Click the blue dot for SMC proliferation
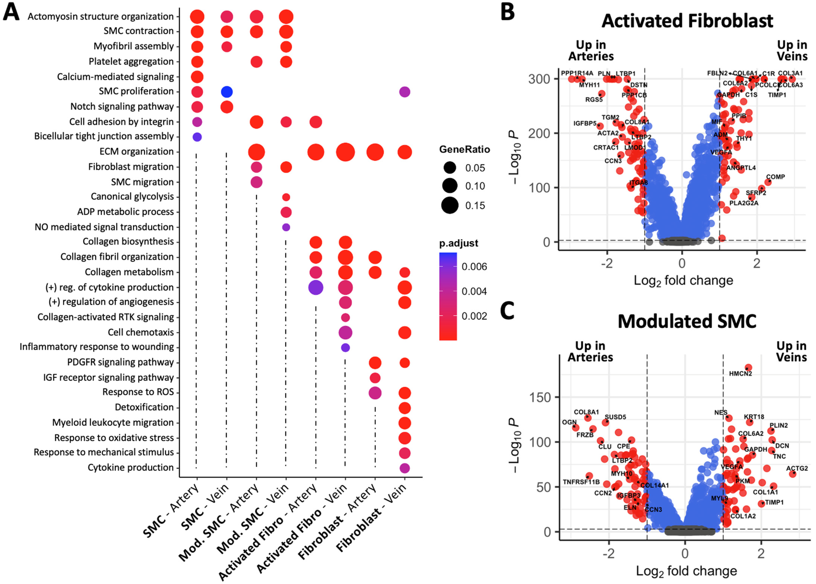coord(227,92)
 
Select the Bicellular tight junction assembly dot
coord(197,137)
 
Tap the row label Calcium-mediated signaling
coord(115,77)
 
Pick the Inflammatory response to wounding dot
coord(345,347)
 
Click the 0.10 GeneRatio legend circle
coord(450,186)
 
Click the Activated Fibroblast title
coord(687,21)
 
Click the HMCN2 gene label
coord(740,374)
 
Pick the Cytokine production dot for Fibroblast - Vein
coord(405,468)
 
